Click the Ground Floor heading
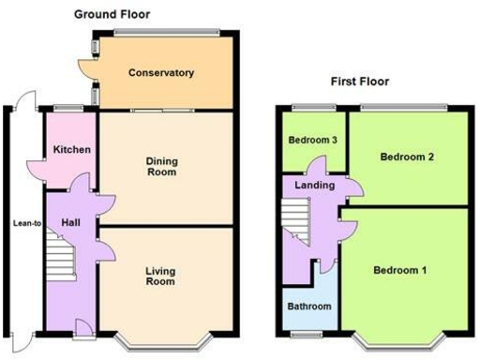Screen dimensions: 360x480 click(x=112, y=14)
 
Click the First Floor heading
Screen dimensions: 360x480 click(x=359, y=82)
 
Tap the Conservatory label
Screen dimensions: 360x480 click(x=161, y=73)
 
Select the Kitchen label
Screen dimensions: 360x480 click(x=70, y=150)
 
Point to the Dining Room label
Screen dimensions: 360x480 click(x=162, y=166)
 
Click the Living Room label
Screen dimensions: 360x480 click(x=160, y=276)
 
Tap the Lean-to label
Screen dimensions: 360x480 click(x=23, y=223)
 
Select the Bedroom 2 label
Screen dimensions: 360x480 click(x=406, y=157)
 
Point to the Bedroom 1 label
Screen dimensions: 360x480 click(x=400, y=271)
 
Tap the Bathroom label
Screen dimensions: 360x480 click(x=308, y=307)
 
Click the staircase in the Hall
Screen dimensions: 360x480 click(x=62, y=256)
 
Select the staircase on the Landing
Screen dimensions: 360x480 click(x=293, y=222)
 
